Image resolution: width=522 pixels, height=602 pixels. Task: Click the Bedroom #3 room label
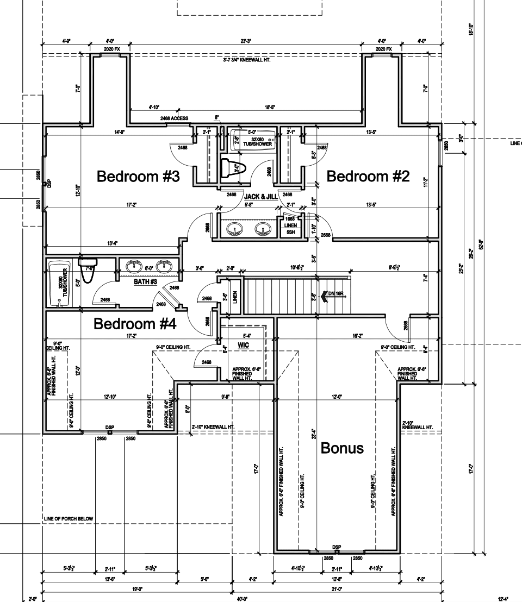pyautogui.click(x=138, y=177)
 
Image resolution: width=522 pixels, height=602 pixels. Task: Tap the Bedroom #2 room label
pyautogui.click(x=368, y=177)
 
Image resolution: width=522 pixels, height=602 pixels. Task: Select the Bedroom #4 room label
pyautogui.click(x=135, y=324)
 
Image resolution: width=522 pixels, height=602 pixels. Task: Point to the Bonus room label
pyautogui.click(x=342, y=448)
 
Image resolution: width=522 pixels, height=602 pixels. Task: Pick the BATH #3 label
pyautogui.click(x=145, y=282)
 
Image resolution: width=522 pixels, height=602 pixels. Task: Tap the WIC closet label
pyautogui.click(x=243, y=345)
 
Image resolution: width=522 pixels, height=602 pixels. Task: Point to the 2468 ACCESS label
pyautogui.click(x=174, y=118)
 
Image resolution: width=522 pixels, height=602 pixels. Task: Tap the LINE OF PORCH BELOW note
pyautogui.click(x=68, y=519)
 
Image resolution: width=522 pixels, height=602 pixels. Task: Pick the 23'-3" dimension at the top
pyautogui.click(x=246, y=41)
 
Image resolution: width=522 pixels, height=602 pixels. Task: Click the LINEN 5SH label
pyautogui.click(x=290, y=228)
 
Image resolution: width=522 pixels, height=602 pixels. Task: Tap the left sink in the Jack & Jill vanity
pyautogui.click(x=235, y=229)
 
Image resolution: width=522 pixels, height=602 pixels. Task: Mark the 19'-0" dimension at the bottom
pyautogui.click(x=136, y=589)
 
